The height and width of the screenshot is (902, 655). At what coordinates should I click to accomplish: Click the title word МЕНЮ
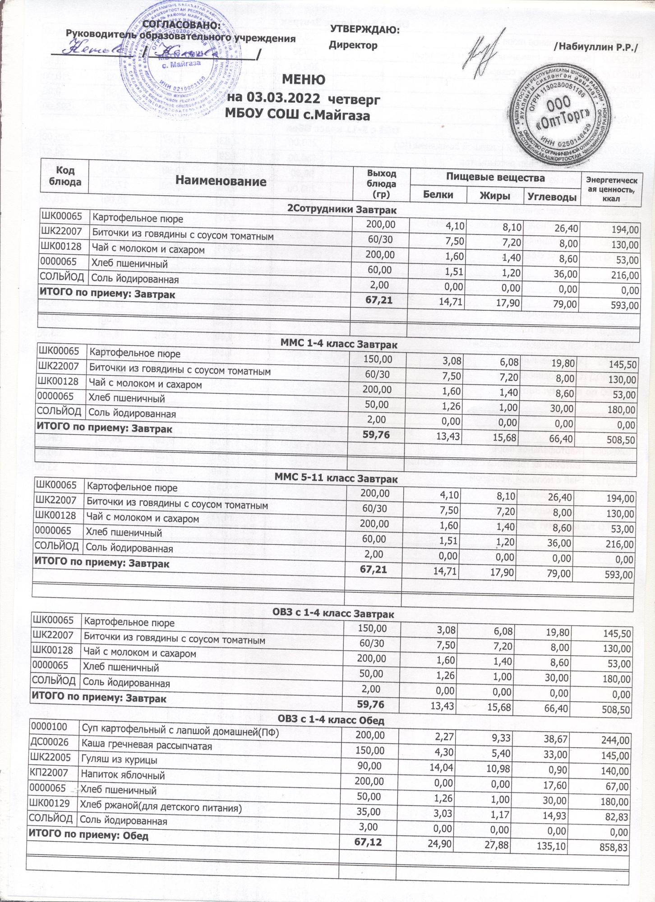click(x=304, y=80)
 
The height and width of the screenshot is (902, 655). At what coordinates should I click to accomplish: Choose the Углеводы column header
click(x=553, y=197)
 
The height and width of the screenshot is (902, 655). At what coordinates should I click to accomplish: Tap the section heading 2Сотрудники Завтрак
click(x=342, y=210)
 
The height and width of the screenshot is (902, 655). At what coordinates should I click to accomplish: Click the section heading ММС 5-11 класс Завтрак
click(x=339, y=479)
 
